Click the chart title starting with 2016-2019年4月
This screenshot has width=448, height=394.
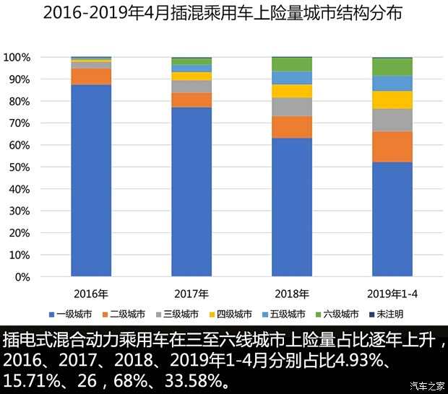(x=223, y=14)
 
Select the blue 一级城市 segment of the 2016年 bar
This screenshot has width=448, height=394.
(x=91, y=180)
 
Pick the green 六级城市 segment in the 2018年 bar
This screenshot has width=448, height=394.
(x=292, y=64)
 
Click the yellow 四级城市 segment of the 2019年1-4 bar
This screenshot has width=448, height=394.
(x=392, y=100)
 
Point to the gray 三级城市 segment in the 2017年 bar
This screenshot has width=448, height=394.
(x=191, y=87)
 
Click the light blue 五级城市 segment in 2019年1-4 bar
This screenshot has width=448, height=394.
(x=392, y=83)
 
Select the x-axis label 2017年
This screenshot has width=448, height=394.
(x=191, y=294)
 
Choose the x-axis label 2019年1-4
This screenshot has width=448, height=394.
(x=392, y=294)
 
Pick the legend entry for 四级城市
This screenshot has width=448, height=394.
(x=231, y=315)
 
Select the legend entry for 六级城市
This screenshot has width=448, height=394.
(x=337, y=315)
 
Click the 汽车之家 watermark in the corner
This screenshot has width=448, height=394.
(x=427, y=384)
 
